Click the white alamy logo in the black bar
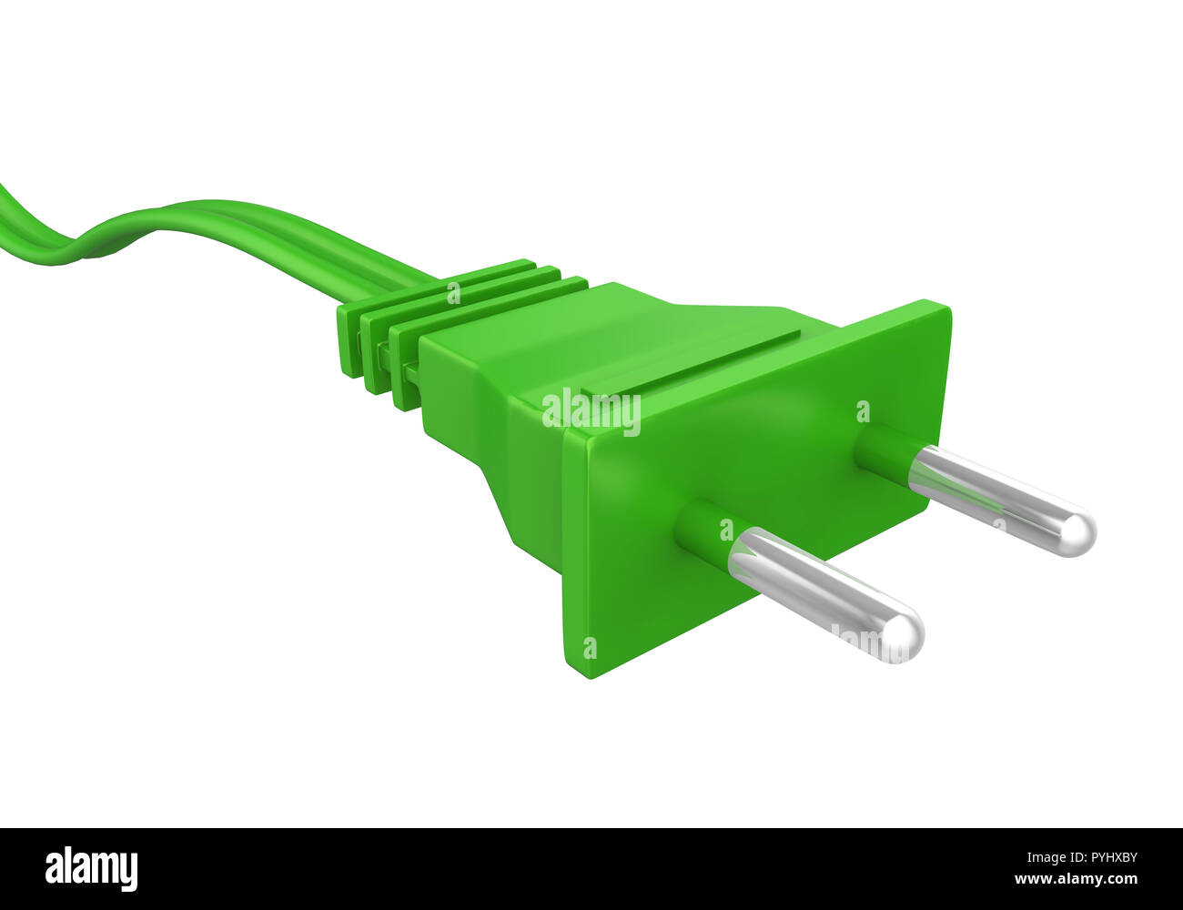pos(92,868)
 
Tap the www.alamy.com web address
pos(1076,879)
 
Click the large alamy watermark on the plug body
pos(591,412)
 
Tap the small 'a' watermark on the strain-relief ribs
pos(453,293)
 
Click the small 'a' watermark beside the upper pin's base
pos(862,411)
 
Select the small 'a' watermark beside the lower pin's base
pos(725,530)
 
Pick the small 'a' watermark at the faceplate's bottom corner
pos(590,648)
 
